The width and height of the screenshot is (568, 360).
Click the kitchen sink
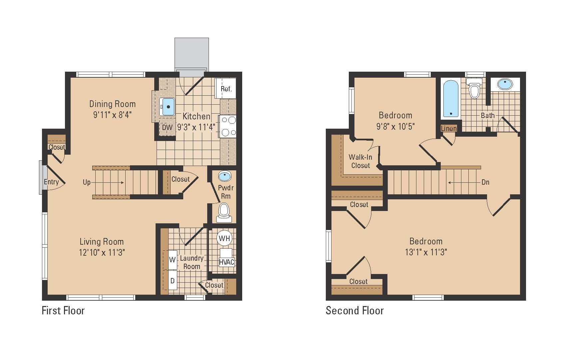pos(167,107)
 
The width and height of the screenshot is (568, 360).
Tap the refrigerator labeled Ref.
pos(226,88)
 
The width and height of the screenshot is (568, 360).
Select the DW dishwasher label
pos(167,127)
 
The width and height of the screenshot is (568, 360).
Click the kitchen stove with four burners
pos(228,126)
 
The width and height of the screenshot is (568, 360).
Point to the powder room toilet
pos(224,212)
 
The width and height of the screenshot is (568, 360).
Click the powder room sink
pos(225,176)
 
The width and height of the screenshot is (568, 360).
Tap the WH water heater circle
pos(225,238)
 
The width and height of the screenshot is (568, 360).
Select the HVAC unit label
pos(227,262)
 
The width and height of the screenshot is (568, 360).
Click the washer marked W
pos(173,260)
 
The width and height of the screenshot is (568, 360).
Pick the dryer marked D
pos(173,281)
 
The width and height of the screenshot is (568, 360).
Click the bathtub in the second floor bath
pos(451,99)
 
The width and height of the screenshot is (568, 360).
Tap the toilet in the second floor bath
pos(474,88)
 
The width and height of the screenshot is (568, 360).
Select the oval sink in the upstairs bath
pos(505,84)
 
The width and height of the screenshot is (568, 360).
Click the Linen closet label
pos(449,129)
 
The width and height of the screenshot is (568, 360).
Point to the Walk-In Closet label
pos(360,161)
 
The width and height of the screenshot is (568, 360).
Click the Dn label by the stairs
pos(485,182)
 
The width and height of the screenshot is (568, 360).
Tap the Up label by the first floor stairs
pos(87,182)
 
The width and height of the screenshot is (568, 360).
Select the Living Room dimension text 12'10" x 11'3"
pos(102,252)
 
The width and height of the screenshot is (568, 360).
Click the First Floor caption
pos(63,311)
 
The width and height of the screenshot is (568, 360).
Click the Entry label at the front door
pos(51,182)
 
